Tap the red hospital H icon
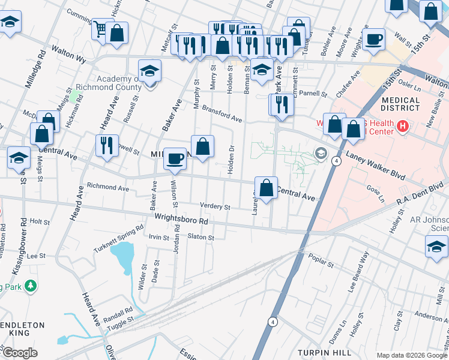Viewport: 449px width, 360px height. pyautogui.click(x=403, y=127)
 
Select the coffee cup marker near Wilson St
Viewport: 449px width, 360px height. pyautogui.click(x=175, y=159)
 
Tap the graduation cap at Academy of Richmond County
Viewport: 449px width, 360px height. pyautogui.click(x=149, y=71)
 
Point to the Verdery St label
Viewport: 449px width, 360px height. pyautogui.click(x=215, y=206)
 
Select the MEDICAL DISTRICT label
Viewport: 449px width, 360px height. pyautogui.click(x=400, y=104)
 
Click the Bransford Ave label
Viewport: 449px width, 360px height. pyautogui.click(x=222, y=114)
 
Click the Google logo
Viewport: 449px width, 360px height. pyautogui.click(x=20, y=353)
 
